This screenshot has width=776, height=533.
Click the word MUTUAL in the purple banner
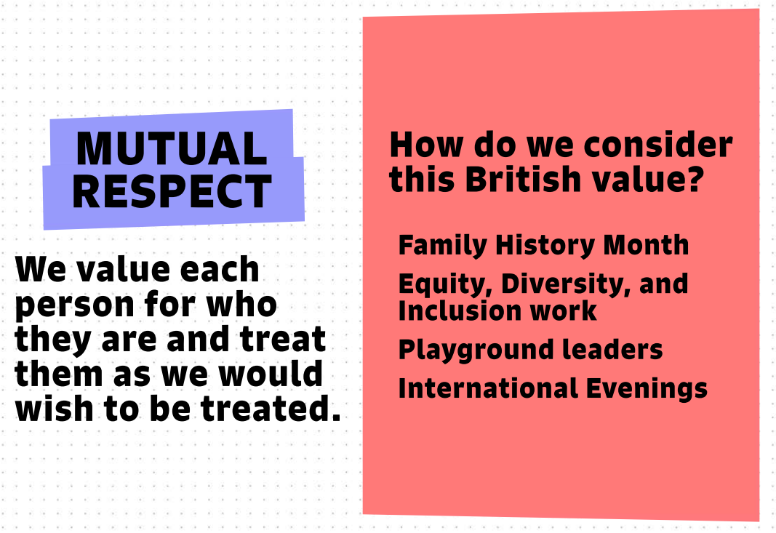point(171,148)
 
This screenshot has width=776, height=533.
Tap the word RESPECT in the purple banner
point(172,191)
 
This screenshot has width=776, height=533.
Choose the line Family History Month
point(543,245)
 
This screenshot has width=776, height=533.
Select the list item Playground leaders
point(530,350)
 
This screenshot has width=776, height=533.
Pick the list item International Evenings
point(553,388)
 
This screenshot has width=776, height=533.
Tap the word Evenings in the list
point(647,389)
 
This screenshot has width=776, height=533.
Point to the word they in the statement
point(53,340)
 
